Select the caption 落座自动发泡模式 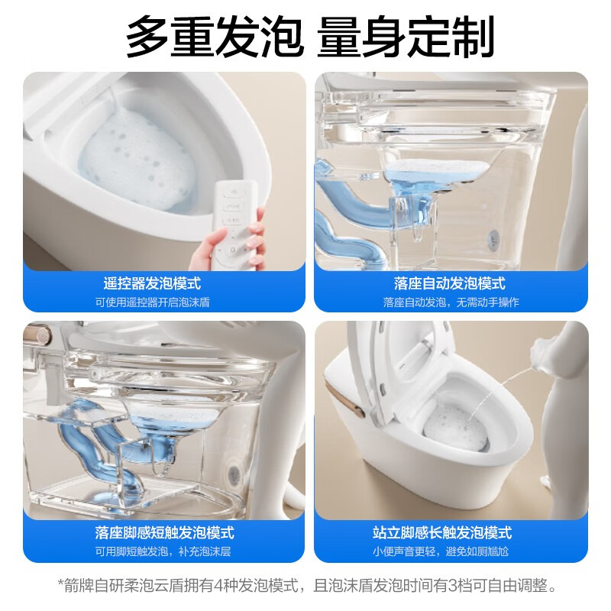coord(450,283)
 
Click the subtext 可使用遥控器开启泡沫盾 coord(152,302)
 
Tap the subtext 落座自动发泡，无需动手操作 coord(451,302)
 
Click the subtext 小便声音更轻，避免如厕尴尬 coord(451,551)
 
